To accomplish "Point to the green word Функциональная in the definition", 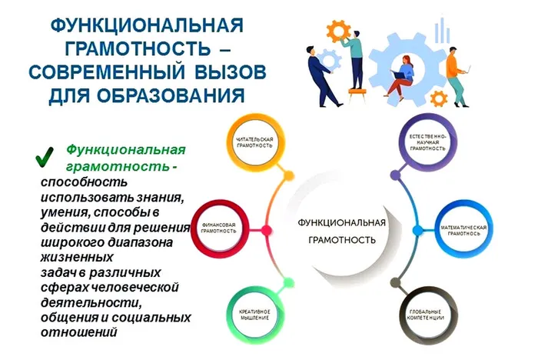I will pyautogui.click(x=125, y=149).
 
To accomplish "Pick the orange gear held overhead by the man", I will pyautogui.click(x=338, y=31).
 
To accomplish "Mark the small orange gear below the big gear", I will pyautogui.click(x=439, y=98).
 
